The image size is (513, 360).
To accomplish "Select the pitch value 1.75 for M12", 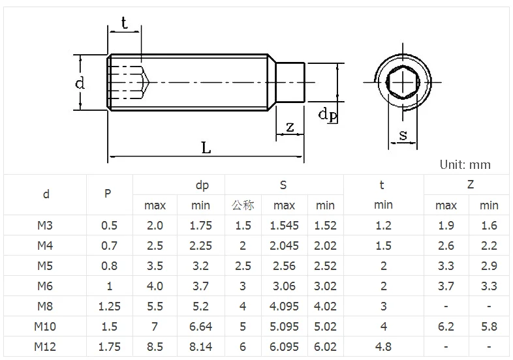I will pyautogui.click(x=109, y=346).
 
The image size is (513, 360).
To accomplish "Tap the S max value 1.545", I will pyautogui.click(x=284, y=226).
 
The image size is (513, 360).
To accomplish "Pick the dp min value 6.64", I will pyautogui.click(x=200, y=326).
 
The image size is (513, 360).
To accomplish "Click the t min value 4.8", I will pyautogui.click(x=383, y=346).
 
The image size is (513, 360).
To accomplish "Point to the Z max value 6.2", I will pyautogui.click(x=446, y=326).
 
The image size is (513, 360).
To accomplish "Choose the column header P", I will pyautogui.click(x=108, y=194).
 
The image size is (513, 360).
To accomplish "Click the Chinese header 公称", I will pyautogui.click(x=243, y=205).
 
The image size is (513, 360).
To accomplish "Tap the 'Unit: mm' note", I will pyautogui.click(x=465, y=165).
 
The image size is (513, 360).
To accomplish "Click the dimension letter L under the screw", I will pyautogui.click(x=206, y=147).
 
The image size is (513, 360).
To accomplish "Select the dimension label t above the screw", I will pyautogui.click(x=123, y=23).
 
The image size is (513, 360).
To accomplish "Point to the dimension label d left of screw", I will pyautogui.click(x=79, y=83).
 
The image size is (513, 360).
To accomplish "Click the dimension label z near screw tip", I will pyautogui.click(x=289, y=126).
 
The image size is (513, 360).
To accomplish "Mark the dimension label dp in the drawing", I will pyautogui.click(x=327, y=115).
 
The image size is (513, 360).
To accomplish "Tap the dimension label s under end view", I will pyautogui.click(x=403, y=135).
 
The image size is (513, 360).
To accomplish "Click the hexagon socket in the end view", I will pyautogui.click(x=402, y=83).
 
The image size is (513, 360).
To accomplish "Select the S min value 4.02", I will pyautogui.click(x=325, y=306).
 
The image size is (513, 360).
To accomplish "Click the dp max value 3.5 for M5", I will pyautogui.click(x=155, y=266).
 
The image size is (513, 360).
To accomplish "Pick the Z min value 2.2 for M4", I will pyautogui.click(x=489, y=246).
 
